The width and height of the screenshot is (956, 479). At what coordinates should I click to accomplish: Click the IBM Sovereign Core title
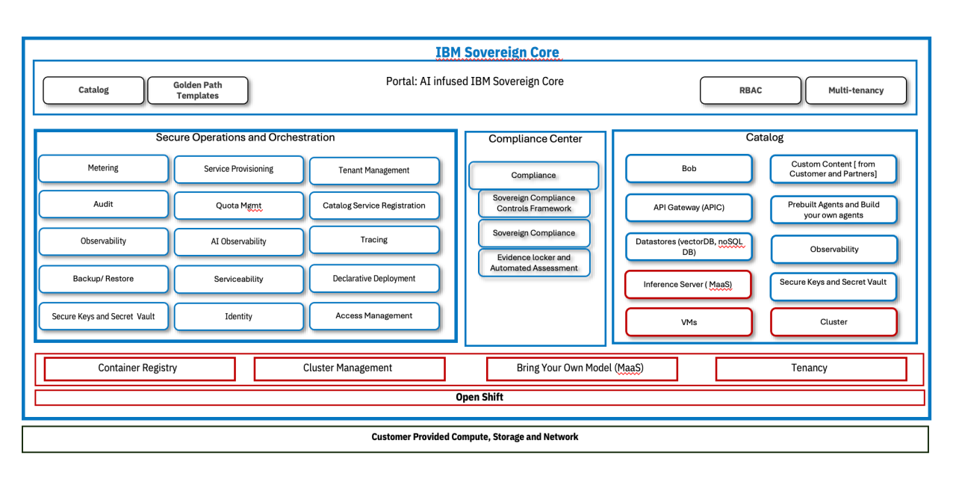[497, 52]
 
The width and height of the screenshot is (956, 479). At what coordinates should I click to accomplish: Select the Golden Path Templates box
[197, 90]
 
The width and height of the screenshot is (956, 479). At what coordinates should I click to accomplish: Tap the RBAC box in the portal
[750, 90]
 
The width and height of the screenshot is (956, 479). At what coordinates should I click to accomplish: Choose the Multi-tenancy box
[855, 90]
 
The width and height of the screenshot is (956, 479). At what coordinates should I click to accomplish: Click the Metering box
[103, 168]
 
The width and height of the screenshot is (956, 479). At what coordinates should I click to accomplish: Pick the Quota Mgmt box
[238, 205]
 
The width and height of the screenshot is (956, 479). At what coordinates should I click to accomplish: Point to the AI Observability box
[238, 241]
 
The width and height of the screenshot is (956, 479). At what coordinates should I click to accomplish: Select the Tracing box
[373, 240]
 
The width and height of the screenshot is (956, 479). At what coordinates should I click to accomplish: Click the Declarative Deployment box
[373, 279]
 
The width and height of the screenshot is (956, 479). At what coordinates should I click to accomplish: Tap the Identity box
[238, 317]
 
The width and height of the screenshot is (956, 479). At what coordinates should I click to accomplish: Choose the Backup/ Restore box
[103, 279]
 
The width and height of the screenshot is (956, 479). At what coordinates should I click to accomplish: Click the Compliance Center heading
[535, 139]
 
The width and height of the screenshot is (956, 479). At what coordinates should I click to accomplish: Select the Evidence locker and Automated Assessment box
[534, 262]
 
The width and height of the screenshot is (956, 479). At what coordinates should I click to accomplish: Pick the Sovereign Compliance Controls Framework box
[534, 203]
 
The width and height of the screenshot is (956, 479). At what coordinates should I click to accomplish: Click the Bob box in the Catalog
[689, 169]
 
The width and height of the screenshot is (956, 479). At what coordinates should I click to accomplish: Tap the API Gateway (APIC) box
[689, 208]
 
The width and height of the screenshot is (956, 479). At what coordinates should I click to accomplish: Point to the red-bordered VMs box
[689, 322]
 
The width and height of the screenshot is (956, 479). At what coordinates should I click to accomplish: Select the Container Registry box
[139, 368]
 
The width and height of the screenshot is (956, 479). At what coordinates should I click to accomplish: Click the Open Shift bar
[479, 398]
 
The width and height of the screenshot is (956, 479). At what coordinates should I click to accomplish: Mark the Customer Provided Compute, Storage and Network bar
[475, 438]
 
